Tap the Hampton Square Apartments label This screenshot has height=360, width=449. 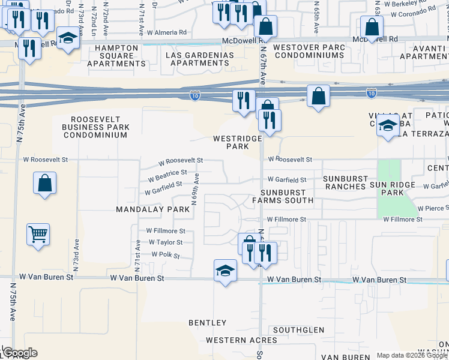point(116,56)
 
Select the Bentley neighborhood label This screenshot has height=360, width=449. point(208,323)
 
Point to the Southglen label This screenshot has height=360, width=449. point(298,330)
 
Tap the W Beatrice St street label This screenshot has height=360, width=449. point(164,174)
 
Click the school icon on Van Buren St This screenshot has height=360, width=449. point(225,271)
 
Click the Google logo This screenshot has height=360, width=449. point(19,352)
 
